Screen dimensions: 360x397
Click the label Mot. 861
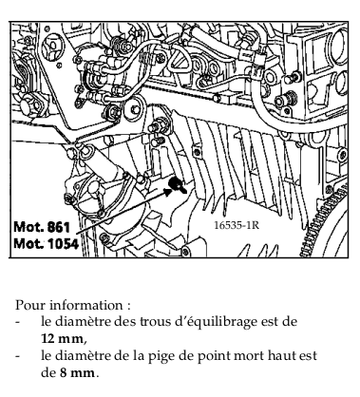(42, 227)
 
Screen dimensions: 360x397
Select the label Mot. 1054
(46, 244)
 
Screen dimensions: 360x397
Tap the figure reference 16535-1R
(237, 225)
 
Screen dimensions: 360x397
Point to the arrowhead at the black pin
(168, 192)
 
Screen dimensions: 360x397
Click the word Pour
(30, 305)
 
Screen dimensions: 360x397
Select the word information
(85, 305)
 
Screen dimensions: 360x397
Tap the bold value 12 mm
(62, 339)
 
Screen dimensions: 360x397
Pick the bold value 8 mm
(77, 372)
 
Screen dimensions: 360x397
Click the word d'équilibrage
(216, 322)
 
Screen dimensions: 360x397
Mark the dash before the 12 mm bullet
(18, 323)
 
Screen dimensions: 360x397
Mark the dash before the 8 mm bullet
(18, 356)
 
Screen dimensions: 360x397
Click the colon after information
(128, 307)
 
